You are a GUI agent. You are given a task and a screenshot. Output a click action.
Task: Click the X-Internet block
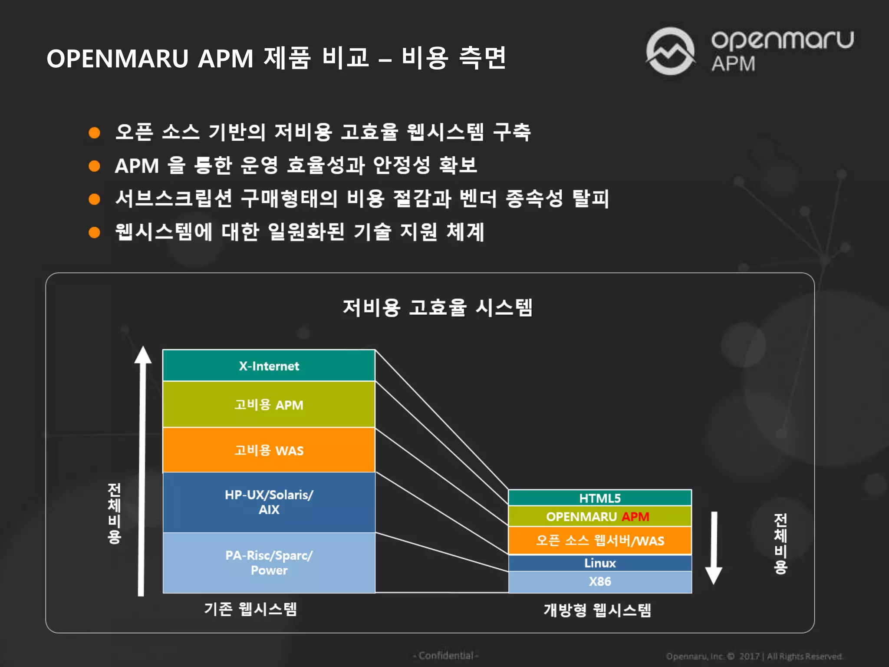point(269,366)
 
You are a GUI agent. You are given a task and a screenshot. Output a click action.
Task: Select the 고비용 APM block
point(269,404)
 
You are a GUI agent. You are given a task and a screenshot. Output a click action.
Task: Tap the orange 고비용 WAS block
point(269,450)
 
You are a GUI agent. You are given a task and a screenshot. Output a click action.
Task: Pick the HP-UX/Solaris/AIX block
point(269,502)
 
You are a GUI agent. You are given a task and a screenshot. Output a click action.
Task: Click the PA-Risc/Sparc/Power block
point(269,562)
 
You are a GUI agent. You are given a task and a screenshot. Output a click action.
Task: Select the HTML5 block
point(600,498)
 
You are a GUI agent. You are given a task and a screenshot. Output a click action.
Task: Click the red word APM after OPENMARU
point(635,516)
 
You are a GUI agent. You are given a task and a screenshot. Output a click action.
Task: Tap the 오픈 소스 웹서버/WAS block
point(600,540)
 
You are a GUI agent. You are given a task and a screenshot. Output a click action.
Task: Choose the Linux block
point(600,563)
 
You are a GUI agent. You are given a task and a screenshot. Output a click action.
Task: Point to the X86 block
point(600,581)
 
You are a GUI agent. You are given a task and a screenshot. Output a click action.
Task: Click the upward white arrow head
point(143,355)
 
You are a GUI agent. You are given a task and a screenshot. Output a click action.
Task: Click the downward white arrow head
point(714,575)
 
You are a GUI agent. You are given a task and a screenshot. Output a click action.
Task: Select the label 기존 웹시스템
point(250,609)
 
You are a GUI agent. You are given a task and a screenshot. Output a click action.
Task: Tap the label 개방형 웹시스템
point(597,610)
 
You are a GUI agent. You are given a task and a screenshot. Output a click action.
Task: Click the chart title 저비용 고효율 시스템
point(438,307)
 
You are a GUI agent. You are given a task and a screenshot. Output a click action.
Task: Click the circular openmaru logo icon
point(670,51)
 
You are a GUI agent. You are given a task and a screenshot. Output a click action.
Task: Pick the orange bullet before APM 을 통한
point(94,166)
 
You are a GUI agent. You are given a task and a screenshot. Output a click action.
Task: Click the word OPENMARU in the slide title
point(117,59)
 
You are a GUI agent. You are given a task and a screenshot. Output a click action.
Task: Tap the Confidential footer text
point(445,655)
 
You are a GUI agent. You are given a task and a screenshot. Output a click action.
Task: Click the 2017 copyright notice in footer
point(754,656)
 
